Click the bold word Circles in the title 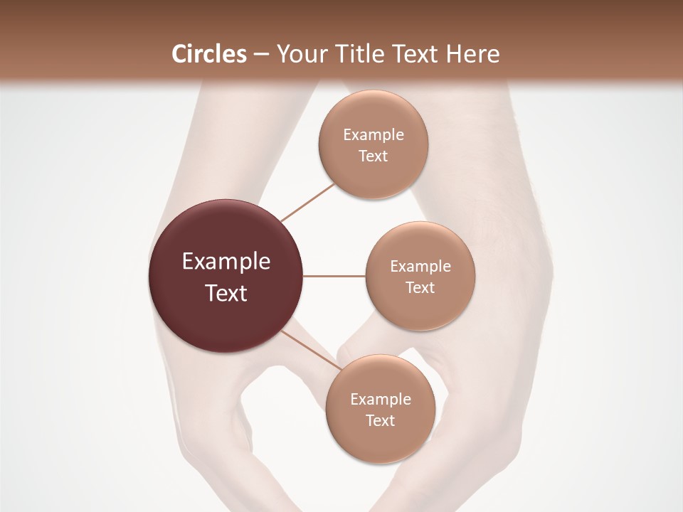(x=208, y=53)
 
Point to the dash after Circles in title (x=261, y=55)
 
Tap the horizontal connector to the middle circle (x=334, y=276)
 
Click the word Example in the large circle (x=226, y=262)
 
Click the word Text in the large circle (x=226, y=293)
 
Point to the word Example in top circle (x=374, y=134)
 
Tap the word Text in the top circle (x=374, y=156)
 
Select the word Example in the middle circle (x=420, y=266)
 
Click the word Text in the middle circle (x=420, y=287)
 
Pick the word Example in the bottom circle (x=381, y=399)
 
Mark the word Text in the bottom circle (x=381, y=420)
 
